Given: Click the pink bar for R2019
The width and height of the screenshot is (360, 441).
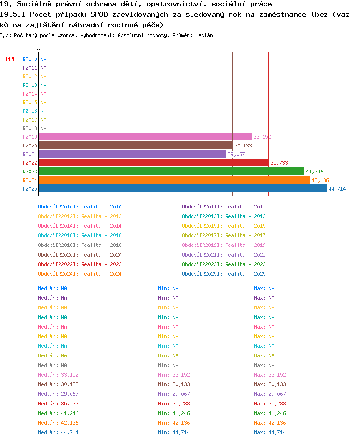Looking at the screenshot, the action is [145, 137].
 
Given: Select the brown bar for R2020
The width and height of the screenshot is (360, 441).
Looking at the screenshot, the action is [136, 146].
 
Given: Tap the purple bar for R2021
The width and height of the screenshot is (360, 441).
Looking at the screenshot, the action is [132, 154].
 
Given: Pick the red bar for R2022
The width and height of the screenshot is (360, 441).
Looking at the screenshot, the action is [154, 162].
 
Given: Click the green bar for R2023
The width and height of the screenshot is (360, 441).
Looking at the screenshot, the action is [172, 171].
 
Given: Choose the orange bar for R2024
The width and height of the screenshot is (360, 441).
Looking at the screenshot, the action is [175, 180].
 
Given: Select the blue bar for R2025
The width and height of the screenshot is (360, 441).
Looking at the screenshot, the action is [183, 189].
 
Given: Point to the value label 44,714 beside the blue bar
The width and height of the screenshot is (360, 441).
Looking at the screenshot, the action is [337, 189].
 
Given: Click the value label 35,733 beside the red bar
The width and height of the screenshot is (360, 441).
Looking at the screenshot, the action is [279, 163].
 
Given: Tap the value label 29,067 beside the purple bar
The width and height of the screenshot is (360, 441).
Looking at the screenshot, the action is [236, 154].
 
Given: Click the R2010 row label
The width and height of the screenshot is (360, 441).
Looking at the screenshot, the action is [30, 59].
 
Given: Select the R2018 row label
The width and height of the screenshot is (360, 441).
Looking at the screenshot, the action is [30, 128].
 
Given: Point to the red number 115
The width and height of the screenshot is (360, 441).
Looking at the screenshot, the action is [10, 59].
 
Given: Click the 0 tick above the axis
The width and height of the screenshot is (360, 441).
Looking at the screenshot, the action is [38, 49].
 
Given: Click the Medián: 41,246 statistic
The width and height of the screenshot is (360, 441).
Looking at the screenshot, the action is [58, 413].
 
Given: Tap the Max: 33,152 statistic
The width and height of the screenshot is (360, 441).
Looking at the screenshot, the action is [270, 375].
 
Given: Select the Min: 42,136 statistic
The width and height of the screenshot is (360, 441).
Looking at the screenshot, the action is [174, 423].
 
